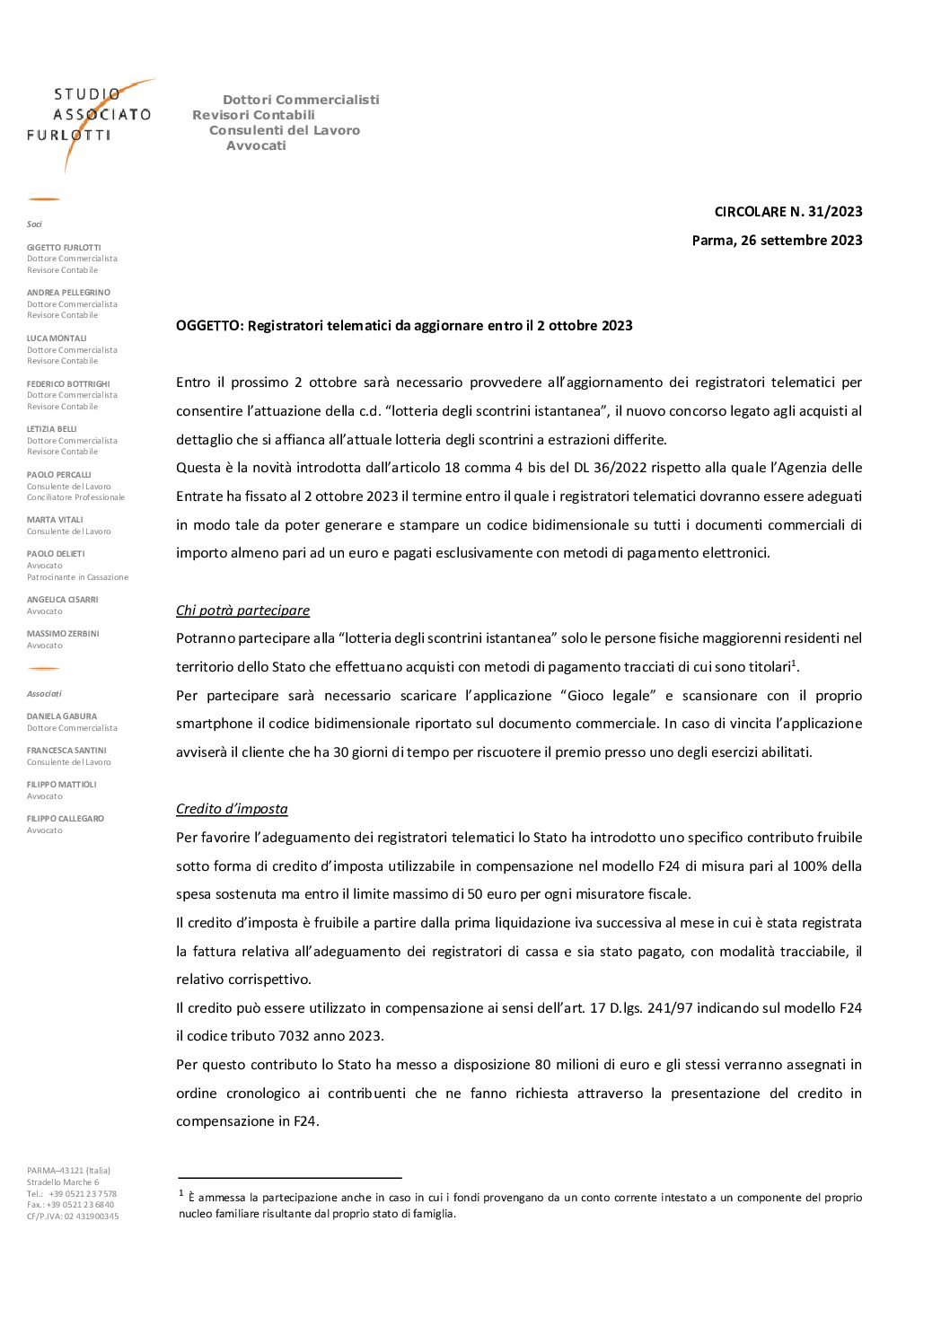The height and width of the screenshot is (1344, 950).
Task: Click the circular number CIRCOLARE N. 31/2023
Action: (x=787, y=212)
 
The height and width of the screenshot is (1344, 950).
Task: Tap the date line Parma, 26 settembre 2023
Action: (x=777, y=241)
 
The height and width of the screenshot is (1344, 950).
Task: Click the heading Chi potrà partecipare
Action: (x=242, y=611)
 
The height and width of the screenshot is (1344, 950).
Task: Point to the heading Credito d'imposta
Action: (x=232, y=809)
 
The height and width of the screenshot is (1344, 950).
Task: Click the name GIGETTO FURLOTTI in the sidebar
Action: (x=64, y=248)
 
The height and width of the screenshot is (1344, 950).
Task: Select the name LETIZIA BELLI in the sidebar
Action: (x=52, y=429)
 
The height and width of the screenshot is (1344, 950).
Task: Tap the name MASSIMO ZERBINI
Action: (x=63, y=634)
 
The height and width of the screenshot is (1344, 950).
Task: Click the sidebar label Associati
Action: (x=44, y=694)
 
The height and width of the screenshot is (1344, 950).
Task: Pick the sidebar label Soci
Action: (x=34, y=224)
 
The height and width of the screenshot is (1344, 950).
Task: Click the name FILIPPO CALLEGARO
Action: (x=66, y=819)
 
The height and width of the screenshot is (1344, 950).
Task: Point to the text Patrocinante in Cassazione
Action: (x=77, y=577)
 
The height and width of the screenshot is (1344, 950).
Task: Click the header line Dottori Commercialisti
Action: (x=301, y=100)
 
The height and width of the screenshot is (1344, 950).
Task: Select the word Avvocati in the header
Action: (x=256, y=145)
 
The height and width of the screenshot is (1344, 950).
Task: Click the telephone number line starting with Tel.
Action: (x=72, y=1194)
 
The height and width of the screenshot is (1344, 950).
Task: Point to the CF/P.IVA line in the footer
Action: (x=73, y=1217)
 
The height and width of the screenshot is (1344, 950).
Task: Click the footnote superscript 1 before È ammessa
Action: (x=181, y=1193)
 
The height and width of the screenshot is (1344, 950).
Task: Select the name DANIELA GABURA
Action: (x=62, y=716)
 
